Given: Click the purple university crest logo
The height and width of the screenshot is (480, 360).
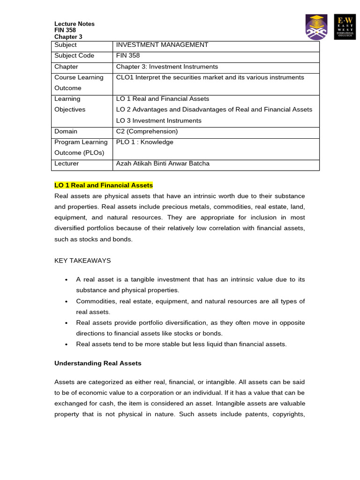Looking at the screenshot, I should pos(316,27).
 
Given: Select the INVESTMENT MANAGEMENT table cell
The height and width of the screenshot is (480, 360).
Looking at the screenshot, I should pos(162,45).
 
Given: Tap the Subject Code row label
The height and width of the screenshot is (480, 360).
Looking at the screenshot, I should pos(74,56).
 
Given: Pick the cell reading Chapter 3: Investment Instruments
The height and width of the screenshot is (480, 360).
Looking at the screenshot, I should pos(167,67).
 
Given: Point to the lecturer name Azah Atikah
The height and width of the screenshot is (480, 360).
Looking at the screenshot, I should pos(163,164).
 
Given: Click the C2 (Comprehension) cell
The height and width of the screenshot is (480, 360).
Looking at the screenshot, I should pos(147,131).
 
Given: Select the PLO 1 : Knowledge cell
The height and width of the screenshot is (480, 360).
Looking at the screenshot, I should pos(144,142).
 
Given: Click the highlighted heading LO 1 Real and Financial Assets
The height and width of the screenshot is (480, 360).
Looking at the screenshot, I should pos(104,186).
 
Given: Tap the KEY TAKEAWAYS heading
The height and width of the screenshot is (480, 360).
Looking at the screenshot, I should pos(82,261).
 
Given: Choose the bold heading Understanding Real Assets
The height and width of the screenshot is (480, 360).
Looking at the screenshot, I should pos(97,363).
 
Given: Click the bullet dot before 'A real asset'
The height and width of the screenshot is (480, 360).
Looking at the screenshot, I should pos(67,280).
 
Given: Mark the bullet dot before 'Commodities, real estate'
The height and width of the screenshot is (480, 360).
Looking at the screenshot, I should pos(67,301).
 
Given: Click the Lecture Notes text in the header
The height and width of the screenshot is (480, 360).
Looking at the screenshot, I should pos(74,24).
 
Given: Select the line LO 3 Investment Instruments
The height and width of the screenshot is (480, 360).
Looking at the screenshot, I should pos(158,120).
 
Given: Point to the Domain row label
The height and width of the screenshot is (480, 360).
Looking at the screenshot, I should pos(66,131).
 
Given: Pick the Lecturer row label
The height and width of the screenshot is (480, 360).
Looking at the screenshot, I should pos(67,164).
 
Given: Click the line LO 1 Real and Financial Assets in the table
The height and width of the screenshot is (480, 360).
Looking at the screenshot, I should pos(162,99).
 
